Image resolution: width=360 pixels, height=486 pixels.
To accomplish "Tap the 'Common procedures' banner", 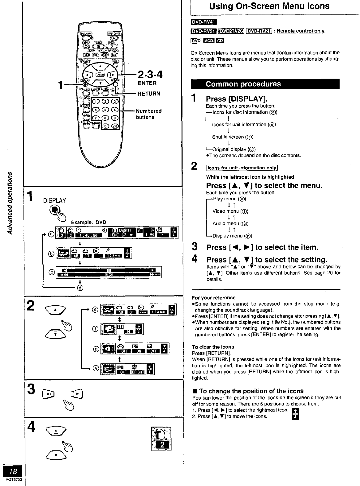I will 243,84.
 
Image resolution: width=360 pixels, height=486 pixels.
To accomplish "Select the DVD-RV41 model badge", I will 204,22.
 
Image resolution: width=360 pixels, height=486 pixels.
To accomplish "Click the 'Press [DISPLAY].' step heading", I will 237,99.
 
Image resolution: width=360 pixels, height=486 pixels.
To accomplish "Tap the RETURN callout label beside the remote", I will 149,93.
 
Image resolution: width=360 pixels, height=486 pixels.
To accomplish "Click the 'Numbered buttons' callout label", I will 149,114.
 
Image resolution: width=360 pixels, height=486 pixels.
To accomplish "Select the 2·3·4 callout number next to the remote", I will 150,75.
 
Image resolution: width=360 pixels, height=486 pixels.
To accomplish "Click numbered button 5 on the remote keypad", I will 106,110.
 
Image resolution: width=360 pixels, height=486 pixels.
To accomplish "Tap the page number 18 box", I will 13,471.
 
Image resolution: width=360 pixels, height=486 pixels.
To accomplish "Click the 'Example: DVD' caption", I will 88,222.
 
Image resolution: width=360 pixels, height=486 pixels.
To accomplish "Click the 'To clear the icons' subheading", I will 213,347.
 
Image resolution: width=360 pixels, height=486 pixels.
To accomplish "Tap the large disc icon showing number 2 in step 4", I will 161,439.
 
